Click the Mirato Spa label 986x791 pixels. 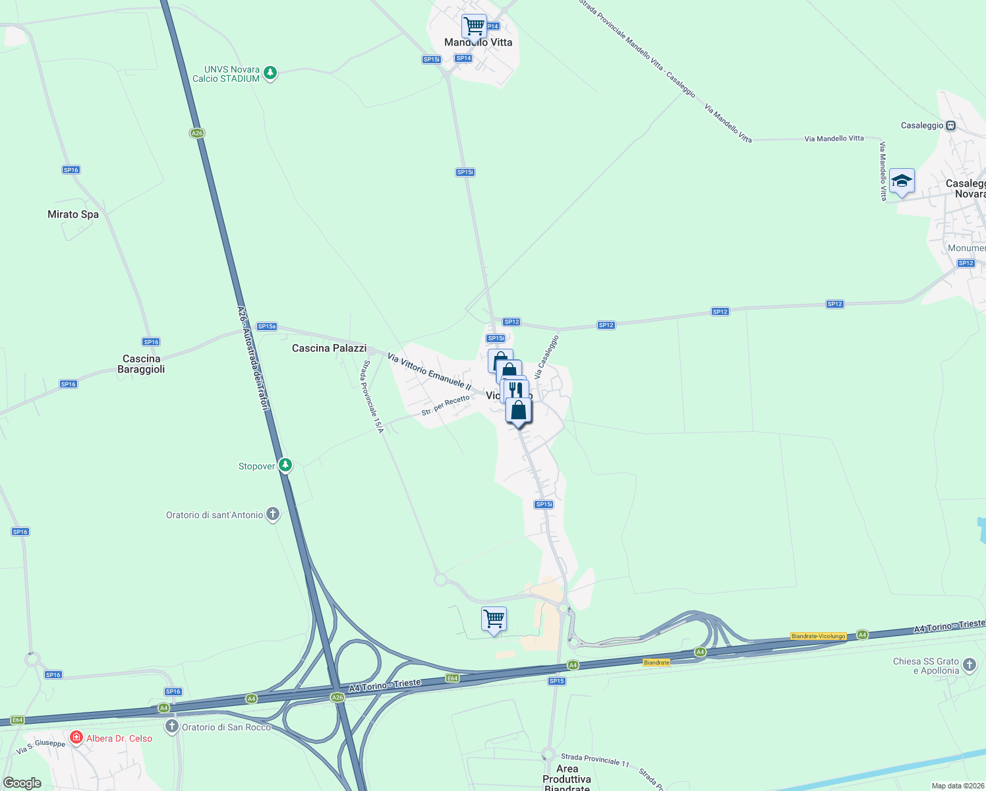click(73, 214)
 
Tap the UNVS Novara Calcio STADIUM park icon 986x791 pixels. click(270, 73)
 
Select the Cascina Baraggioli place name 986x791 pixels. click(141, 364)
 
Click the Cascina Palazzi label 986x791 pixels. click(329, 348)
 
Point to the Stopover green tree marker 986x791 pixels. click(285, 465)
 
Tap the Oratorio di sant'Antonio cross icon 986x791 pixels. click(273, 515)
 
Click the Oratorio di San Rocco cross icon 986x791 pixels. click(172, 726)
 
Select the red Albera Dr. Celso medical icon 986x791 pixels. click(76, 738)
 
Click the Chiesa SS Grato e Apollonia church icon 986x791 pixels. click(970, 664)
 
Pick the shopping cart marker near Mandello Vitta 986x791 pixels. click(474, 27)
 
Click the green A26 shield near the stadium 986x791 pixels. click(196, 133)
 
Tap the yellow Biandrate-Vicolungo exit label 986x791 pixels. click(818, 636)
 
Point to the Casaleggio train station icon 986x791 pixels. click(950, 125)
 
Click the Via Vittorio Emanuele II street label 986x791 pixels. click(430, 372)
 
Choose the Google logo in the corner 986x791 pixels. click(22, 782)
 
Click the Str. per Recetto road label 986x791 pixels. click(446, 405)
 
